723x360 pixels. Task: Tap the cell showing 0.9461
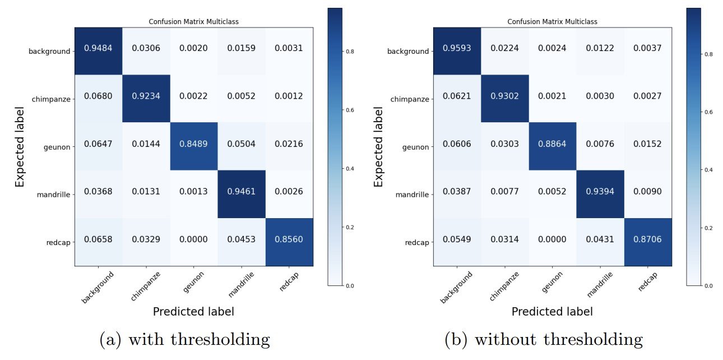pyautogui.click(x=241, y=192)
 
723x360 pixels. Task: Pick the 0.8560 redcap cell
pyautogui.click(x=289, y=239)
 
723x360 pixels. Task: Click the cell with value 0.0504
pyautogui.click(x=241, y=144)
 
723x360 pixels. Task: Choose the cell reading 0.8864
pyautogui.click(x=552, y=144)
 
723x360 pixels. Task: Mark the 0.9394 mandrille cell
pyautogui.click(x=600, y=192)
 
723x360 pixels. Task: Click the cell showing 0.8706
pyautogui.click(x=647, y=239)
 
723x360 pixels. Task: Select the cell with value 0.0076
pyautogui.click(x=600, y=144)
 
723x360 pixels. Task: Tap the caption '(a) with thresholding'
pyautogui.click(x=184, y=339)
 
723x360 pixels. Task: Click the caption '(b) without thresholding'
pyautogui.click(x=543, y=339)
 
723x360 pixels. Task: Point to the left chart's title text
pyautogui.click(x=193, y=22)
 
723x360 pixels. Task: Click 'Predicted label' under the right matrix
pyautogui.click(x=552, y=311)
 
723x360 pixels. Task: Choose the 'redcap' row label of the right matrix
pyautogui.click(x=418, y=243)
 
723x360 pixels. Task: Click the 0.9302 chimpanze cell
pyautogui.click(x=504, y=96)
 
